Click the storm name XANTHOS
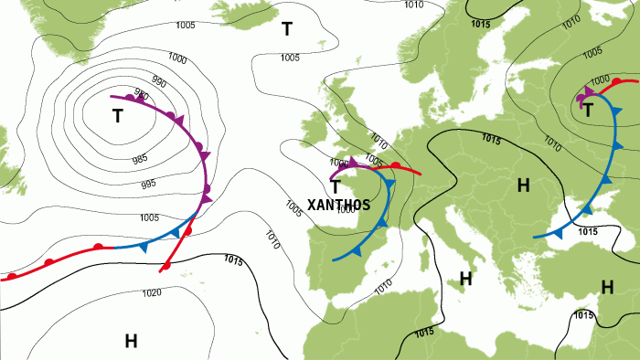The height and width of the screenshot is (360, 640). point(339,205)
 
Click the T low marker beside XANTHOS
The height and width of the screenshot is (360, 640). point(336,186)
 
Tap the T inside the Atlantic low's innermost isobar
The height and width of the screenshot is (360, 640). point(117,116)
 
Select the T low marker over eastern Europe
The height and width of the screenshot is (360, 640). point(588,111)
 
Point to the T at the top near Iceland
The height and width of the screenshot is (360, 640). point(287,29)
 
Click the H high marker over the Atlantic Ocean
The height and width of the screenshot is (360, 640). point(131,341)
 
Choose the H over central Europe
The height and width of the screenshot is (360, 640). point(523,186)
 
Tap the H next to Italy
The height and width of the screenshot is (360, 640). point(464,277)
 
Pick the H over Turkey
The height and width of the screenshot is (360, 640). point(606,287)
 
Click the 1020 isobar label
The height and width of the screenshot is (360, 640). point(152,293)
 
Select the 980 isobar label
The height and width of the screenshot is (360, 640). point(142,93)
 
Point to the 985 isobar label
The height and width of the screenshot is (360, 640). point(140,159)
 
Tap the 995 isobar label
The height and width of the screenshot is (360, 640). point(148,184)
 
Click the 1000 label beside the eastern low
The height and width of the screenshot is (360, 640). point(600,80)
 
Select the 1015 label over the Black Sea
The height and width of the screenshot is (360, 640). point(588,232)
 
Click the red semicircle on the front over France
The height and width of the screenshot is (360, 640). point(395,165)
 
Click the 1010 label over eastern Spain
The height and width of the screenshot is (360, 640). point(382,285)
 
